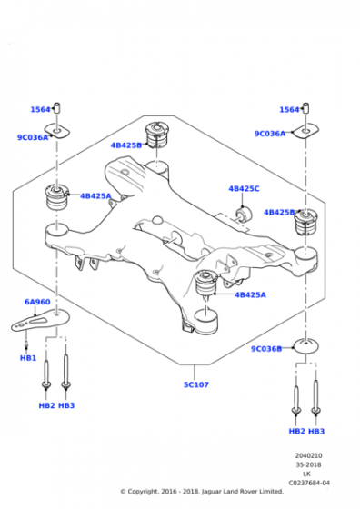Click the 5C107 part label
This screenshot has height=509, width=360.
point(196,384)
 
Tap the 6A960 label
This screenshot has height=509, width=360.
point(37,302)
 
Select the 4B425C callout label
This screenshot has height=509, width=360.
point(245,189)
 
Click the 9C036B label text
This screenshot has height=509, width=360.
point(266,349)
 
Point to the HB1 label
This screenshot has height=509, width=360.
point(28,358)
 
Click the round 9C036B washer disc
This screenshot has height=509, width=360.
point(305,346)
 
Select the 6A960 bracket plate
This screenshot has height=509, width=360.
point(41,320)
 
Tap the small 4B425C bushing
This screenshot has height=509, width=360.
point(244,214)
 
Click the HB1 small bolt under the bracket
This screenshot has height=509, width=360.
point(26,344)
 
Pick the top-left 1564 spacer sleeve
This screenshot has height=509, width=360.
point(57,108)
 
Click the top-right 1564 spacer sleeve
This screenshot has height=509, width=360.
point(305,108)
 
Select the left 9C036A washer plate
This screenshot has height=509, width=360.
point(57,131)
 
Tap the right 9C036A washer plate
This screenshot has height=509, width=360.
point(305,131)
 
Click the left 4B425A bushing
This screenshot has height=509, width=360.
point(56,197)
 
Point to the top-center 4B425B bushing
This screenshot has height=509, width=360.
point(157,135)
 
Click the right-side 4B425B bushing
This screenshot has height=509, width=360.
point(305,223)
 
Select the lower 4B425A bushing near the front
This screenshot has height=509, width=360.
point(205,283)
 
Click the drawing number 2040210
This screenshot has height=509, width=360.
point(309,455)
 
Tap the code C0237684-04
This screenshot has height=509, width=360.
point(309,483)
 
